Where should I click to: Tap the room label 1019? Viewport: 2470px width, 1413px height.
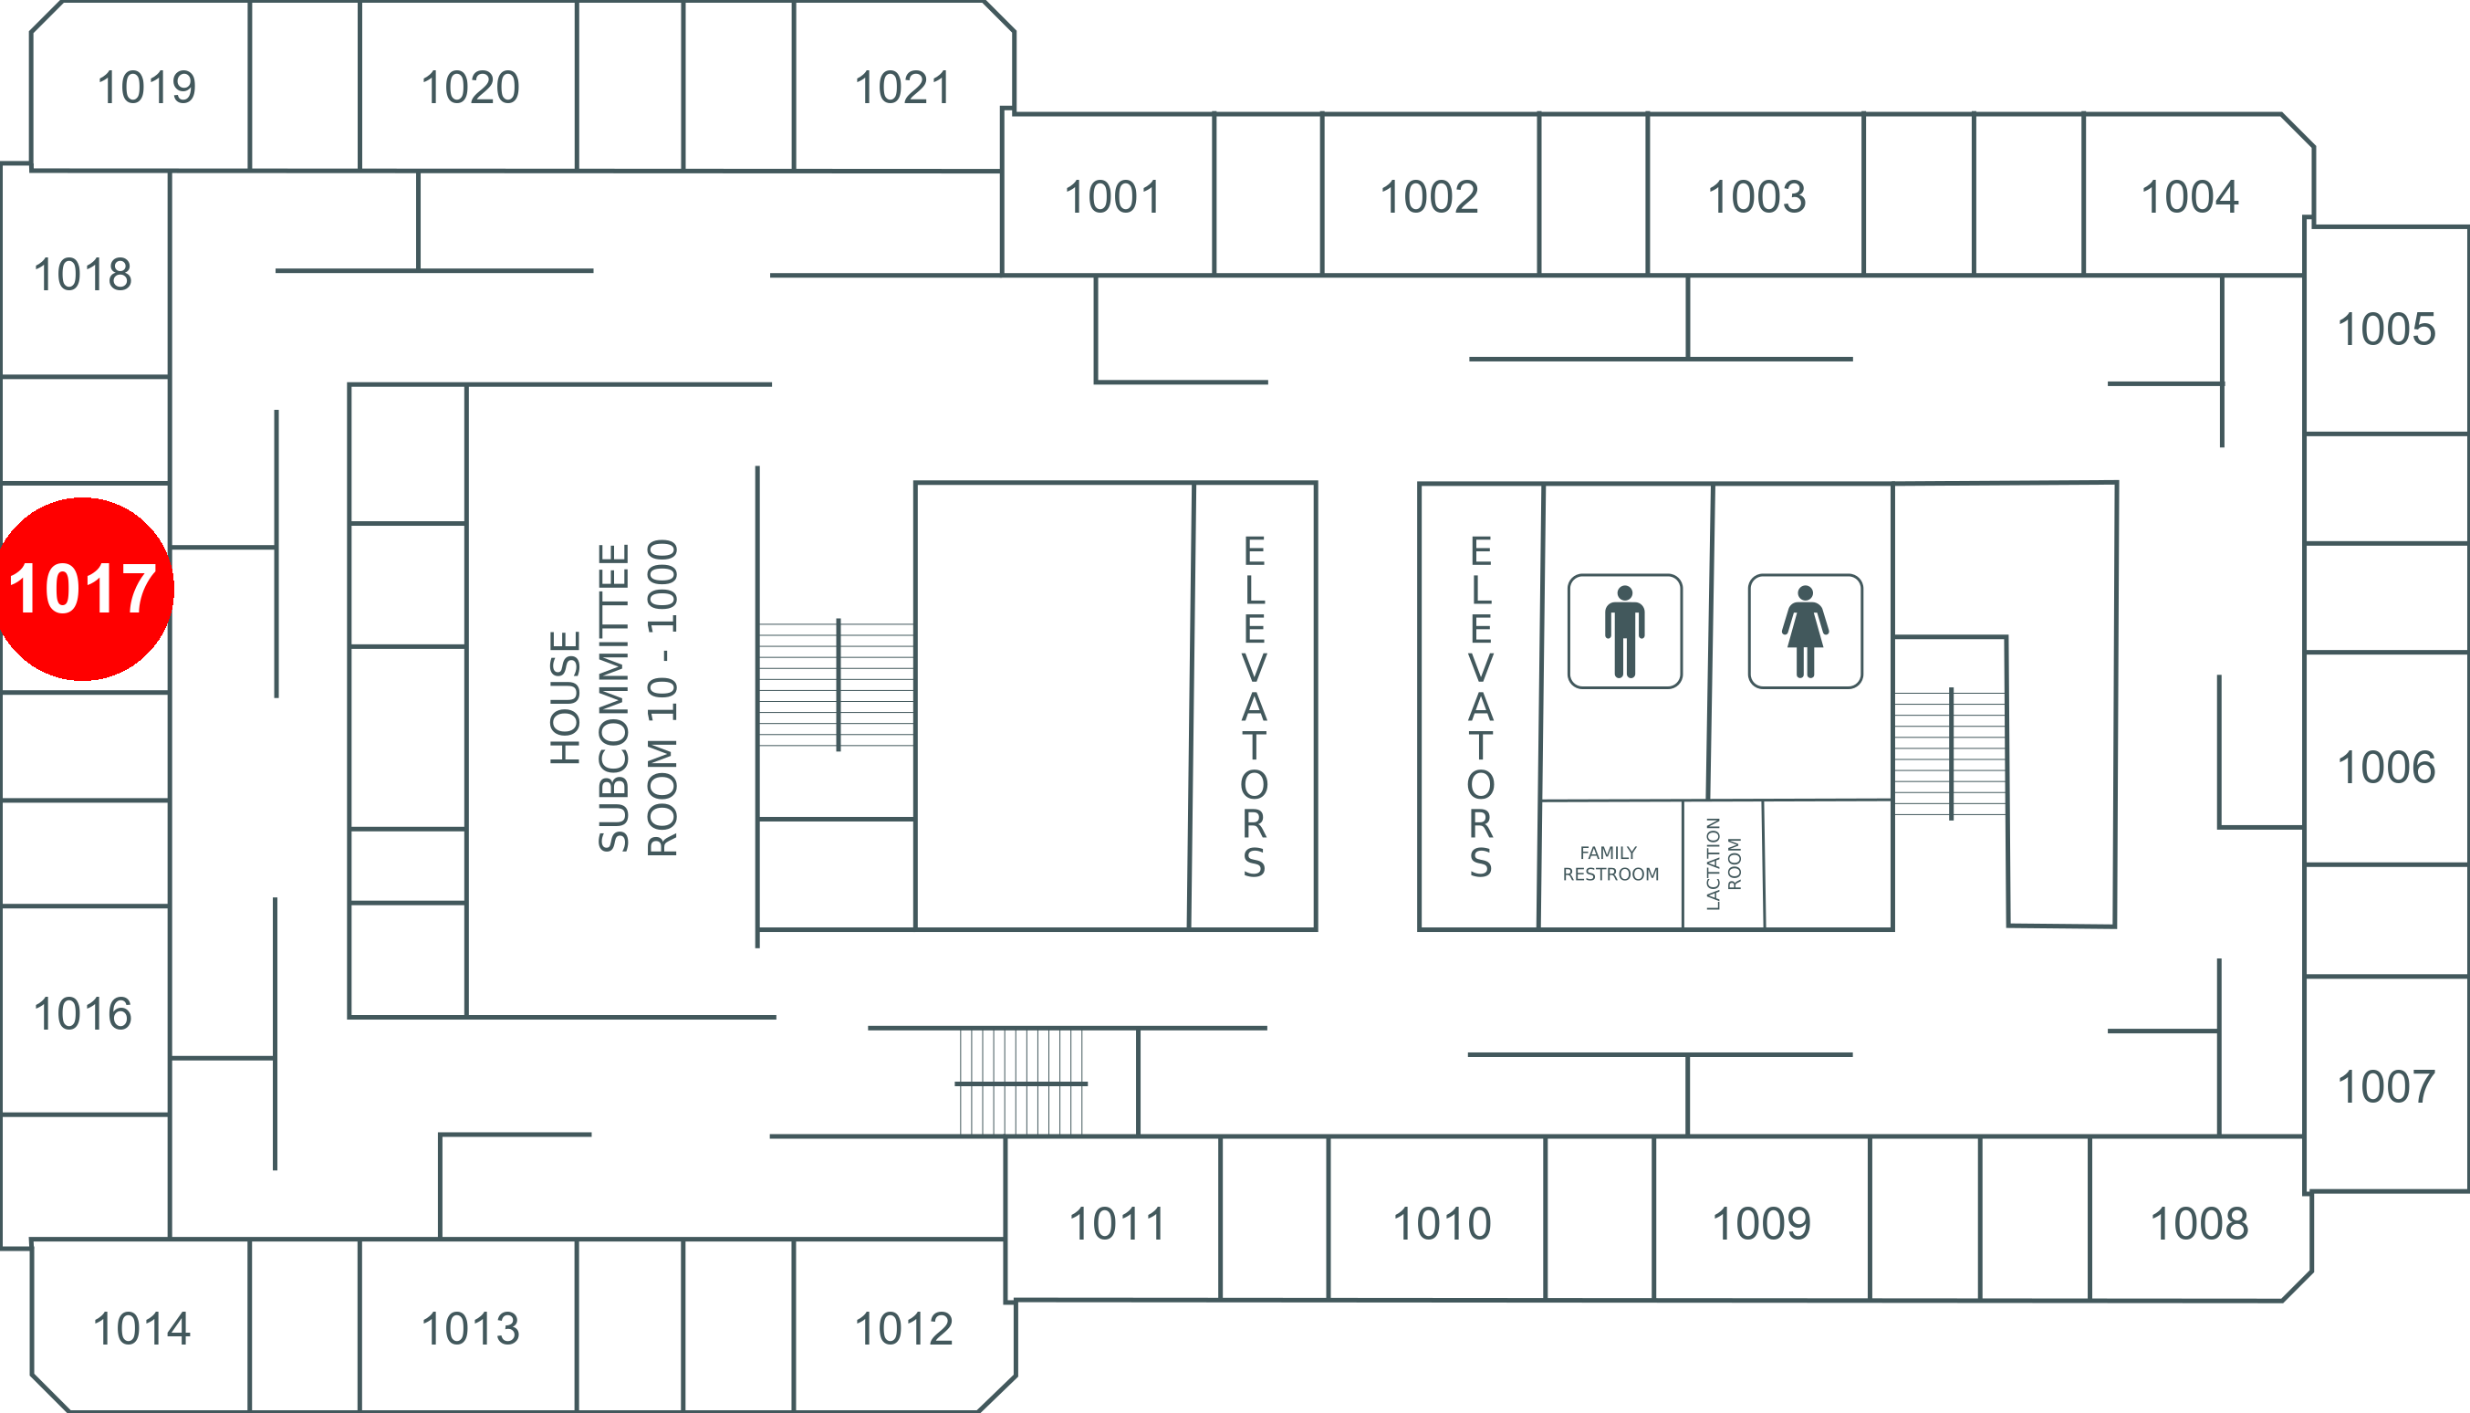point(147,88)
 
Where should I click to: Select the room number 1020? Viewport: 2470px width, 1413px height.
point(471,88)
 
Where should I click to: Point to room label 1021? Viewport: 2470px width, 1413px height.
point(902,88)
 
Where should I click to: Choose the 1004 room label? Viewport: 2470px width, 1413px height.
point(2190,197)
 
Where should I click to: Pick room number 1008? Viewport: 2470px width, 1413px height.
point(2199,1223)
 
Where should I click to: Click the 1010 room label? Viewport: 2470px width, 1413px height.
point(1442,1223)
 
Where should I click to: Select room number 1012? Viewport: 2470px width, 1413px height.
point(903,1329)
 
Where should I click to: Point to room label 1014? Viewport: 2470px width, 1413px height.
point(141,1329)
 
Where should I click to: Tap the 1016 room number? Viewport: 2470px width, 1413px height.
point(82,1013)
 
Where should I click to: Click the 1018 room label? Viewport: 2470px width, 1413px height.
point(82,274)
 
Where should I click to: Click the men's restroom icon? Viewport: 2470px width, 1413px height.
point(1625,631)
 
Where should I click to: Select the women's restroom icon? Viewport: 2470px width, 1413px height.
point(1805,631)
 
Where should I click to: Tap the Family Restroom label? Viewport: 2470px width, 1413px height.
point(1610,863)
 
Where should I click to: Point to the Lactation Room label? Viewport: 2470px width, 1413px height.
point(1723,863)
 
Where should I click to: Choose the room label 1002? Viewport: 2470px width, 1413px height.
point(1429,197)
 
